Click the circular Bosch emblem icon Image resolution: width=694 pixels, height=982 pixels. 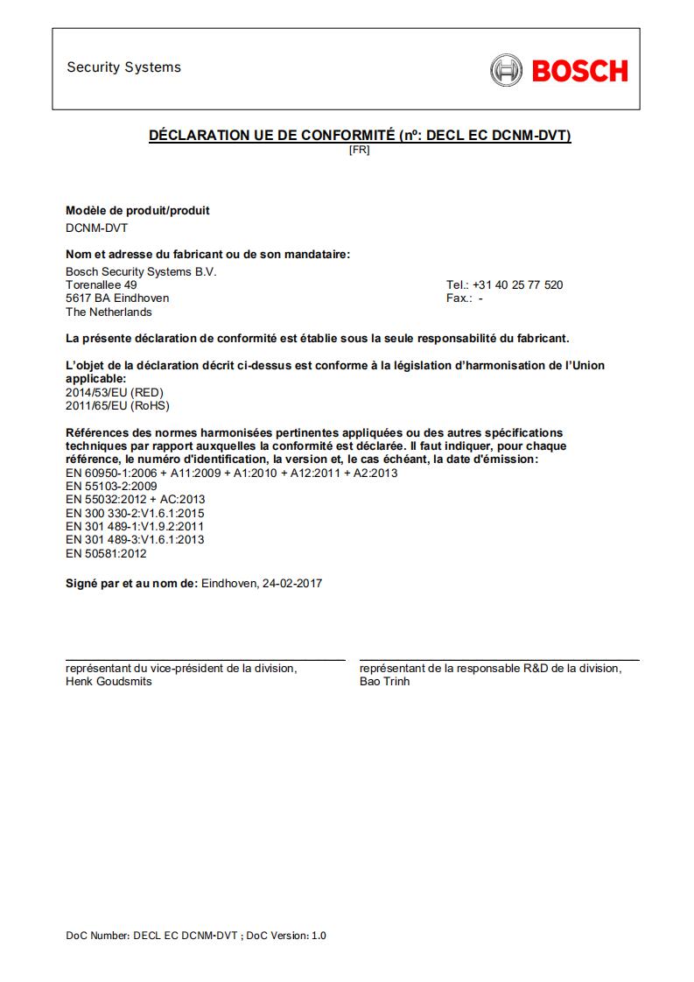pyautogui.click(x=506, y=70)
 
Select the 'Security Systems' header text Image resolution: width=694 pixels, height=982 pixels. pyautogui.click(x=123, y=67)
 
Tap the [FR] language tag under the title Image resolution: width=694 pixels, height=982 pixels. pyautogui.click(x=359, y=150)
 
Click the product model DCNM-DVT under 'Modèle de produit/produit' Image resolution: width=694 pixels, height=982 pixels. pyautogui.click(x=96, y=227)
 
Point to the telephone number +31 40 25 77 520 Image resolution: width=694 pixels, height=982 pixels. pyautogui.click(x=517, y=284)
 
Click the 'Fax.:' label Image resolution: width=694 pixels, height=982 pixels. pyautogui.click(x=459, y=298)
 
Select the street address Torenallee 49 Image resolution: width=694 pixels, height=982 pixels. pyautogui.click(x=101, y=284)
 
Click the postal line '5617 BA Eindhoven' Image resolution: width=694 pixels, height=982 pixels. pyautogui.click(x=117, y=298)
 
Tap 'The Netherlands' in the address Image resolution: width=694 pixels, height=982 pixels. pyautogui.click(x=109, y=312)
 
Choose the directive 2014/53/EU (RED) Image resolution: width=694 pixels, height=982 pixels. pyautogui.click(x=115, y=392)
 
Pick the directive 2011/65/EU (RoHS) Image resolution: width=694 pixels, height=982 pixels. pyautogui.click(x=118, y=405)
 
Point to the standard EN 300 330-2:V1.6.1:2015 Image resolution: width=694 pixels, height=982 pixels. pyautogui.click(x=136, y=513)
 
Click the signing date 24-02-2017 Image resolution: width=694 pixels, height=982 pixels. pyautogui.click(x=291, y=583)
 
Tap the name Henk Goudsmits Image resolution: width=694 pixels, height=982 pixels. pyautogui.click(x=109, y=681)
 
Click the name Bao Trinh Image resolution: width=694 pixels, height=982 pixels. pyautogui.click(x=384, y=681)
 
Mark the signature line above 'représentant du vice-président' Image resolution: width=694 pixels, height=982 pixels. pyautogui.click(x=206, y=660)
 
